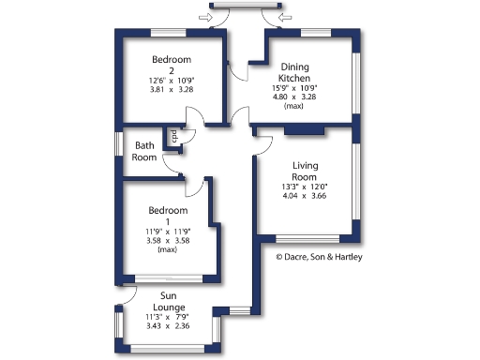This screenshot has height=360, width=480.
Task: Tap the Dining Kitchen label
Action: click(302, 71)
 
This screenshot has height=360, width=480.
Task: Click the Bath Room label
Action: click(144, 151)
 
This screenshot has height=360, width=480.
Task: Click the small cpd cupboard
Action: click(174, 138)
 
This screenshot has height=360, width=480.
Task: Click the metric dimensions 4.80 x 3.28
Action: click(302, 96)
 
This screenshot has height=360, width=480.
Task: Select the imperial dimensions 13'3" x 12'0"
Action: click(305, 187)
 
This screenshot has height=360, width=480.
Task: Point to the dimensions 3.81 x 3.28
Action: click(172, 91)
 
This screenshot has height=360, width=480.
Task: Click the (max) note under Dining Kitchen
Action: click(302, 106)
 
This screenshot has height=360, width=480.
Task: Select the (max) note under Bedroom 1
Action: click(168, 250)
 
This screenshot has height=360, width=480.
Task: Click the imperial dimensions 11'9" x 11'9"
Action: click(168, 231)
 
